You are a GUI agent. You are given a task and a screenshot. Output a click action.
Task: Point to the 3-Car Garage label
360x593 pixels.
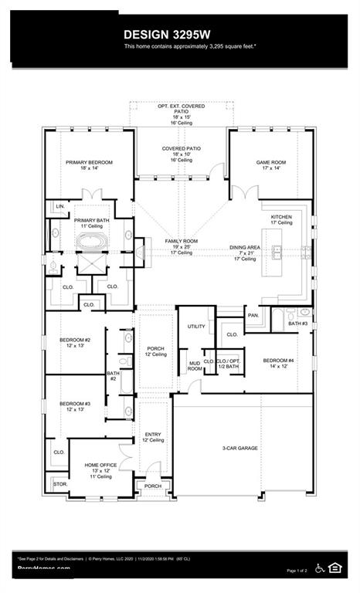[x=239, y=448]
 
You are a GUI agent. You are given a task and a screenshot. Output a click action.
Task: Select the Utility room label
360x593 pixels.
[x=196, y=326]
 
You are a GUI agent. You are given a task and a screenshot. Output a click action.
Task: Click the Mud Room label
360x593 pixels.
[x=195, y=366]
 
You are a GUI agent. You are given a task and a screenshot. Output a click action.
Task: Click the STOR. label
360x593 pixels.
[x=60, y=484]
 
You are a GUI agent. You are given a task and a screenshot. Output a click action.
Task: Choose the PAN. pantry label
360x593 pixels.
[x=253, y=315]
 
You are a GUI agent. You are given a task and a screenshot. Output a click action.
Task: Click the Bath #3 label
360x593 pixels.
[x=297, y=323]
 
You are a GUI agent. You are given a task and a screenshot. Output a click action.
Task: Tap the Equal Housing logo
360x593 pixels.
[x=335, y=568]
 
